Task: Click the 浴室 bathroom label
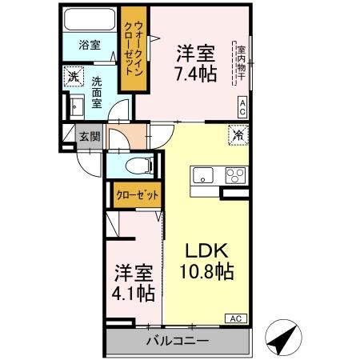click(x=90, y=45)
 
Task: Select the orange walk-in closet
click(x=130, y=49)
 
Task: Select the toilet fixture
click(x=141, y=166)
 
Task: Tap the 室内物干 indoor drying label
click(x=240, y=64)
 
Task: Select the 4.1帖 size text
click(x=133, y=293)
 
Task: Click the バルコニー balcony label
click(x=178, y=342)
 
